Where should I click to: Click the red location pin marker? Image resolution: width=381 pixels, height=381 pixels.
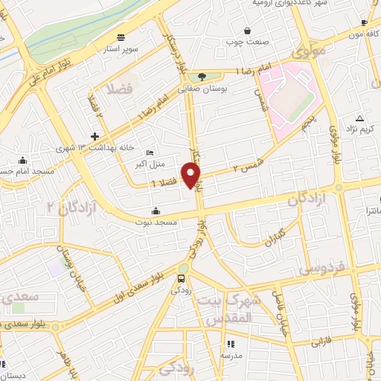(x=192, y=176)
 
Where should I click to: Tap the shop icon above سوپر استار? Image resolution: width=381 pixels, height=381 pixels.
(x=120, y=37)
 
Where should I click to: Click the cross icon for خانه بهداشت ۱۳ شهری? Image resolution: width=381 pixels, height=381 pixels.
(x=95, y=136)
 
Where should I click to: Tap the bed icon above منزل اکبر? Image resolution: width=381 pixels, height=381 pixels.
(x=150, y=153)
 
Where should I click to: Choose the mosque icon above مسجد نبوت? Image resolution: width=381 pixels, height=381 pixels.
(x=155, y=210)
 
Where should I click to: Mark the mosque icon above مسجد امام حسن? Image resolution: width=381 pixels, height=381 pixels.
(x=23, y=160)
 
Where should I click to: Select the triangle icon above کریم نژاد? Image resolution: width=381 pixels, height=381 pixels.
(x=359, y=119)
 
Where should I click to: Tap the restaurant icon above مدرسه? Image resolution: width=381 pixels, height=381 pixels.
(x=230, y=344)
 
